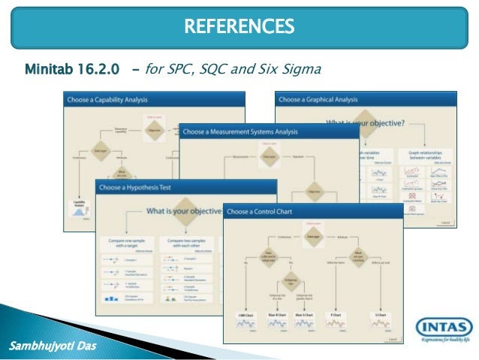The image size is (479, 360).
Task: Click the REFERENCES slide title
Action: click(239, 28)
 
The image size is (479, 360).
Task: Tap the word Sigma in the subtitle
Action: click(300, 71)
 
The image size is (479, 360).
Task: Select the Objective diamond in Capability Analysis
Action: click(154, 129)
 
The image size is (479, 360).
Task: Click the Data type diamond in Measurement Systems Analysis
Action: click(269, 157)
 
